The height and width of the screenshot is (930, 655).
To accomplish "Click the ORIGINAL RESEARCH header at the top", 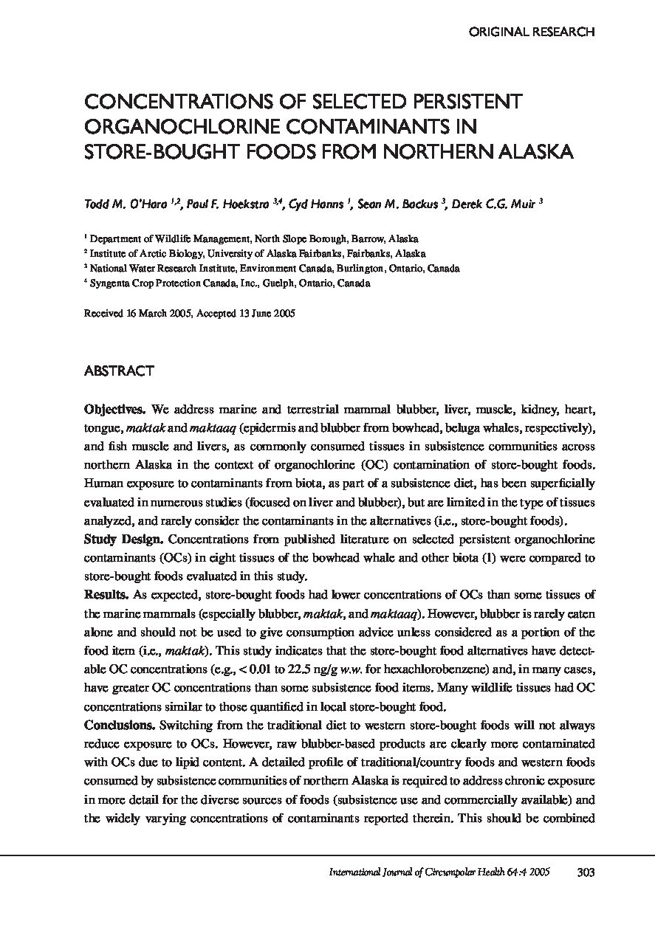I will tap(532, 32).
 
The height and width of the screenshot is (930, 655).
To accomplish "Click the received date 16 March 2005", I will tap(154, 313).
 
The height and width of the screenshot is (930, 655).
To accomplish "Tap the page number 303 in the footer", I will tap(585, 872).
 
